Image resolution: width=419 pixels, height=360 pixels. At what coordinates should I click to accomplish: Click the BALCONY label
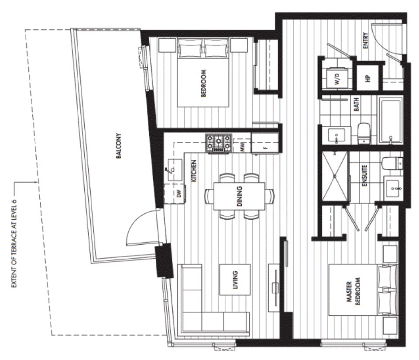click(x=119, y=146)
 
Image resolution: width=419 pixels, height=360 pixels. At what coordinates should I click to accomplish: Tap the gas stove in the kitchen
click(x=219, y=144)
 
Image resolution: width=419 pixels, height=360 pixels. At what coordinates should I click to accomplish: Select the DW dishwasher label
click(x=179, y=193)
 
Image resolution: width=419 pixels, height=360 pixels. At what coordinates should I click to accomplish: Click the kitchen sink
click(x=175, y=170)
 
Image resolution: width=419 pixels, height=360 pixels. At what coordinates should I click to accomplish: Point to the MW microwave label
click(x=243, y=146)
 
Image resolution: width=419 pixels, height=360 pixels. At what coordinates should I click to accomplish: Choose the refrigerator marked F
click(x=265, y=144)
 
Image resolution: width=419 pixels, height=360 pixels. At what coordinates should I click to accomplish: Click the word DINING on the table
click(x=240, y=196)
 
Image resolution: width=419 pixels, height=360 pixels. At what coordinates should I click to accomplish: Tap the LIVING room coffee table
click(x=235, y=280)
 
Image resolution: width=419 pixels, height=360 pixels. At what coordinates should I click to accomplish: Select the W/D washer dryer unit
click(x=337, y=78)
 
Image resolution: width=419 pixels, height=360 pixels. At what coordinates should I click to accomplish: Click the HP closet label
click(x=368, y=78)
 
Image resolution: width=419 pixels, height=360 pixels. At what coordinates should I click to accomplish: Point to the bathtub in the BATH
click(x=391, y=121)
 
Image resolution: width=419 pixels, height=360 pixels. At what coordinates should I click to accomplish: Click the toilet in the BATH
click(x=364, y=133)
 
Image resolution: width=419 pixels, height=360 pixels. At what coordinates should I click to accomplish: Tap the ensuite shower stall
click(x=335, y=176)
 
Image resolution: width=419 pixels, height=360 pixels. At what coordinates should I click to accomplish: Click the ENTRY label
click(x=366, y=41)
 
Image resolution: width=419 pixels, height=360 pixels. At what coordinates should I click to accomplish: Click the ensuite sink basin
click(x=393, y=188)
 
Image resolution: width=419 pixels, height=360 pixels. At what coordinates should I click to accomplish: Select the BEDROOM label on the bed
click(x=203, y=83)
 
